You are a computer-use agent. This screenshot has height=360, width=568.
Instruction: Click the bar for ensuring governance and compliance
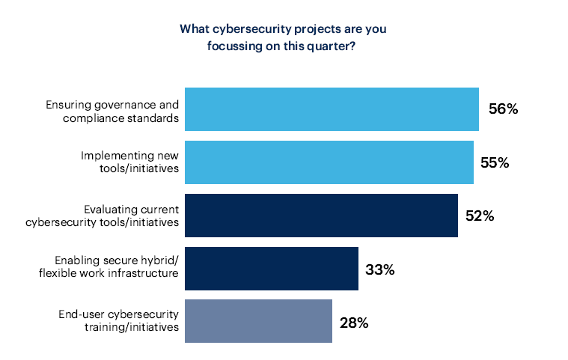332,109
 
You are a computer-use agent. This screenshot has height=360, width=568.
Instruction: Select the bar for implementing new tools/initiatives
329,162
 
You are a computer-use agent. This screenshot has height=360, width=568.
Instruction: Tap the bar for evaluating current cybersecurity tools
321,216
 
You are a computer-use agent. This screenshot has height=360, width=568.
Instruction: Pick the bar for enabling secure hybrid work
271,269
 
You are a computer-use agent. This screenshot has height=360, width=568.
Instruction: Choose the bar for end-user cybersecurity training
258,321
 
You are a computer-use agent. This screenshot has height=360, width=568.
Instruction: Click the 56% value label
503,109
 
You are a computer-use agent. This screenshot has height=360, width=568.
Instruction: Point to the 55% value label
495,162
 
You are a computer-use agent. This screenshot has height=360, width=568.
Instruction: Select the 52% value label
480,216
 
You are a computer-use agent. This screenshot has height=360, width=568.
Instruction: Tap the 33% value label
379,269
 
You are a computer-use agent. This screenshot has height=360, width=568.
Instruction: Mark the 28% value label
353,323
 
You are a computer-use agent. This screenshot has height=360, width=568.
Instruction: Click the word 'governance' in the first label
130,103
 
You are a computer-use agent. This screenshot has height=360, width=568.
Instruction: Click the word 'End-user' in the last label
81,314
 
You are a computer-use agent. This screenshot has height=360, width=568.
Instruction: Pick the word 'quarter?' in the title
335,45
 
